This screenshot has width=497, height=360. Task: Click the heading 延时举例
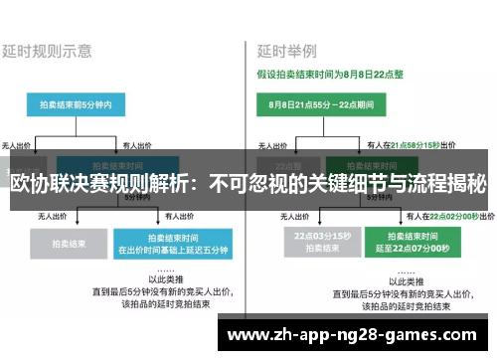287,49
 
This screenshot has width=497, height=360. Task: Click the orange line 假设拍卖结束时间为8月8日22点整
328,73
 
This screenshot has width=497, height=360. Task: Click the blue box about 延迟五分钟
160,242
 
